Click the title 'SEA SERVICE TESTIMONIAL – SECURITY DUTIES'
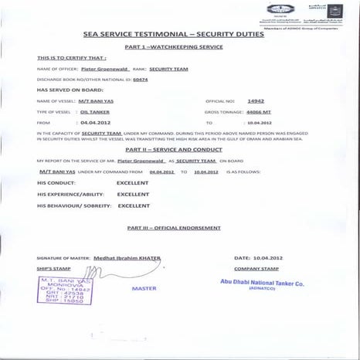tap(179, 35)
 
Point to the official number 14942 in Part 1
tap(256, 101)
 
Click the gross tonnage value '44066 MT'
tap(260, 112)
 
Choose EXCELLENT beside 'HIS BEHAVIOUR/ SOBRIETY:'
tap(133, 206)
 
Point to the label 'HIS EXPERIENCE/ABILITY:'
tap(67, 195)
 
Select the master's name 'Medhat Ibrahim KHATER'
tap(127, 257)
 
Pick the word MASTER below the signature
tap(144, 288)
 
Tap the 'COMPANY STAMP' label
tap(253, 267)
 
